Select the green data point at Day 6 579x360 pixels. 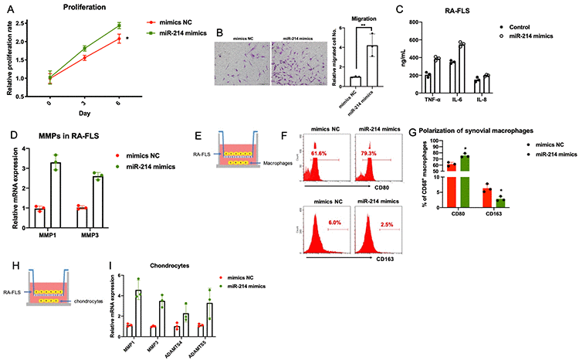(x=118, y=25)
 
